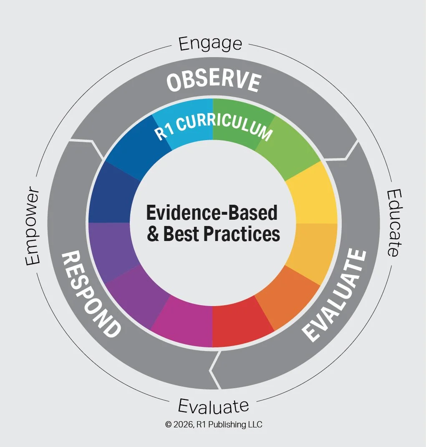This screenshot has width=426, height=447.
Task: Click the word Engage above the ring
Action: pos(211,44)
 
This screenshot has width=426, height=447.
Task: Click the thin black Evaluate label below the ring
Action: pos(213,405)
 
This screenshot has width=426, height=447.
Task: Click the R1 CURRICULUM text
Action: pos(213,128)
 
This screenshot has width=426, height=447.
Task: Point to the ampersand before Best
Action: pos(153,234)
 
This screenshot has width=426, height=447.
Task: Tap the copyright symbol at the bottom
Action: pos(168,424)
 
